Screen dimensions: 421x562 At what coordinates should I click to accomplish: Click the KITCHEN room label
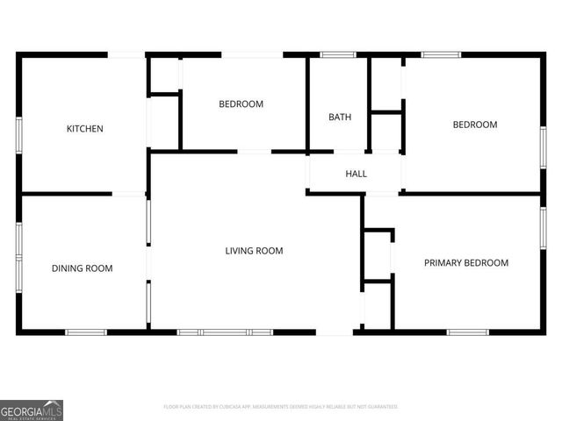(x=85, y=129)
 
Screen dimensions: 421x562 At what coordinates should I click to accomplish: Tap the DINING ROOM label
(x=82, y=268)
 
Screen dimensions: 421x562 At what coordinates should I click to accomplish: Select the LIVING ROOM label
(x=254, y=251)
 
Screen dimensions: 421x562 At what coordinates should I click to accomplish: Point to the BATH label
(x=340, y=117)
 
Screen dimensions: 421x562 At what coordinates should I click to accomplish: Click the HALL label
(x=356, y=174)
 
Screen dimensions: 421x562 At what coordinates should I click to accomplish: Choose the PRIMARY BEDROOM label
(x=466, y=262)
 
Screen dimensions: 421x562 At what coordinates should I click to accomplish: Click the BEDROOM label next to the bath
(x=241, y=104)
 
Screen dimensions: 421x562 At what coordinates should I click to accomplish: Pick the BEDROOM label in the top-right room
(x=474, y=125)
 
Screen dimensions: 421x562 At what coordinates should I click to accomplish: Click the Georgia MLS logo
(x=32, y=410)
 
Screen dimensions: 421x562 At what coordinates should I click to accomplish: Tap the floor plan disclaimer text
(x=281, y=407)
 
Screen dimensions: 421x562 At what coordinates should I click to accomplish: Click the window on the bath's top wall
(x=332, y=54)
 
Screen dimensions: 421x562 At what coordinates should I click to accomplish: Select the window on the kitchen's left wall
(x=18, y=136)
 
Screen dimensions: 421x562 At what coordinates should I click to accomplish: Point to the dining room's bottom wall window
(x=86, y=332)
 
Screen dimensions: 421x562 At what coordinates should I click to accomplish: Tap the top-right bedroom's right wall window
(x=544, y=147)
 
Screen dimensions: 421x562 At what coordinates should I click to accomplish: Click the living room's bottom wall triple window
(x=226, y=332)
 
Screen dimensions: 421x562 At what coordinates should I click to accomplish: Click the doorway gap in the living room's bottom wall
(x=335, y=332)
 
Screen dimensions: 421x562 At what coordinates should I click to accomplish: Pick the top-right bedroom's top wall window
(x=441, y=54)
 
